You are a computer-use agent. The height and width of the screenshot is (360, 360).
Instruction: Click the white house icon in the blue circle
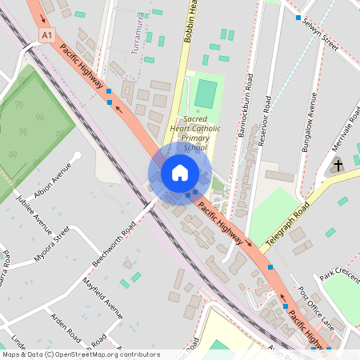pos(180,173)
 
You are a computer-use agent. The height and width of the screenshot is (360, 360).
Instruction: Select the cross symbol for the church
pos(338,166)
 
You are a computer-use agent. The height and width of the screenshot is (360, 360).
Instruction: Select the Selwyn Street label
pos(320,36)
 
